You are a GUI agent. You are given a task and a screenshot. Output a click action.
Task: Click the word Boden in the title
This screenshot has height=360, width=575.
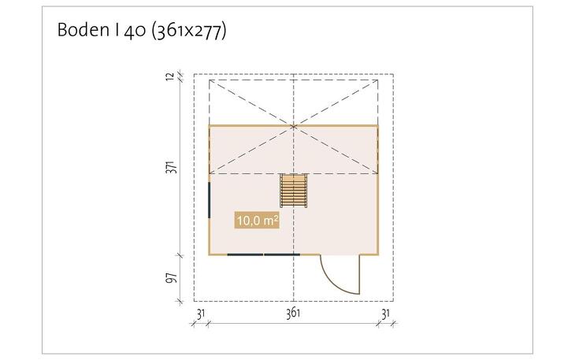(83, 30)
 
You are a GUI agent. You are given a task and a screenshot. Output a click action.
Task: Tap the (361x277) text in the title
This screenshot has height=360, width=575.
(189, 31)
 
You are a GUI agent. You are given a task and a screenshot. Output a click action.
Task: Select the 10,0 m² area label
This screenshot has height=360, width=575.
(257, 221)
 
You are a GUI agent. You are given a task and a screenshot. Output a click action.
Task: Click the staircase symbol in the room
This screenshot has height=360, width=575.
(293, 191)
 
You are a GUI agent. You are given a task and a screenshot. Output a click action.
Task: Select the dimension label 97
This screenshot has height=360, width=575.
(172, 278)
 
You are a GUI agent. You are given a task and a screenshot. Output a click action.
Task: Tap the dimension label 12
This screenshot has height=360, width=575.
(170, 77)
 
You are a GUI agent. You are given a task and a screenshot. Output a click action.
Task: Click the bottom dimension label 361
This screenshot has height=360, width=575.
(293, 314)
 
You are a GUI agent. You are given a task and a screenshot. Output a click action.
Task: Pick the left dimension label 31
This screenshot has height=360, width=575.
(201, 314)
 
